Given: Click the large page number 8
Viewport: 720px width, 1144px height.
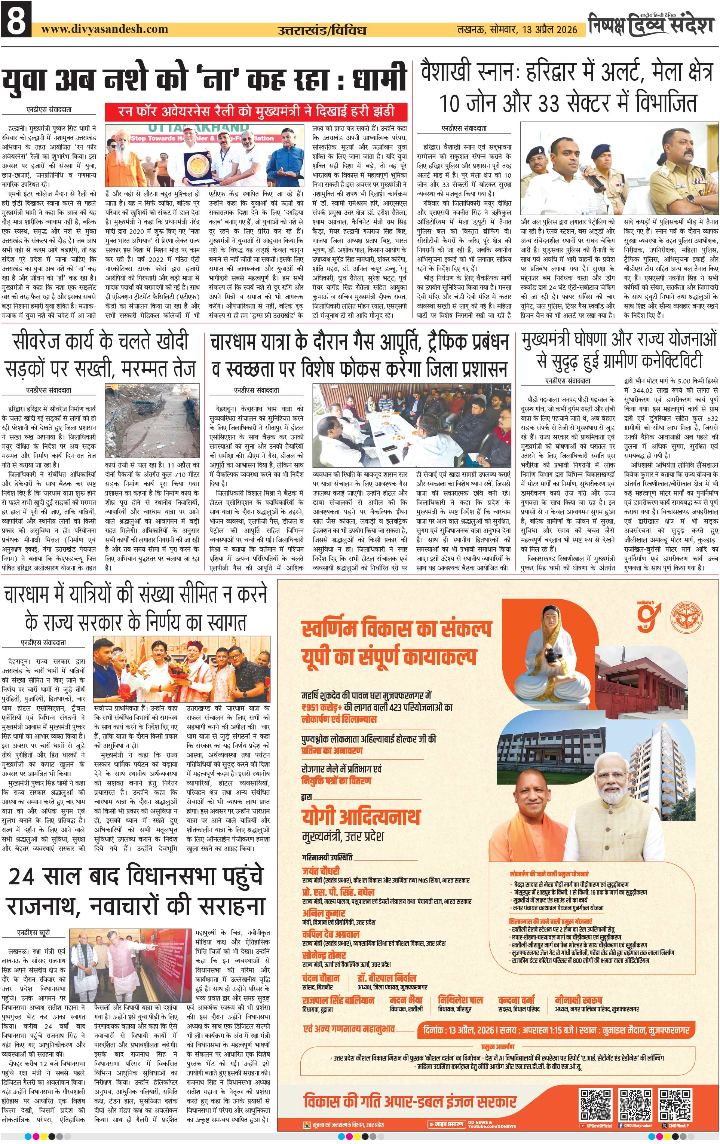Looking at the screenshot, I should [16, 19].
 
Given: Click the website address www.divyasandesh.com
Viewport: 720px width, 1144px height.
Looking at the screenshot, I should [104, 29].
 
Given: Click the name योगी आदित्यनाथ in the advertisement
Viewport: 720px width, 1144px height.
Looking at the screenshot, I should [361, 816].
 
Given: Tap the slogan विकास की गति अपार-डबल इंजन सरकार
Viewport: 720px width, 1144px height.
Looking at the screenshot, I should [410, 1102].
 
